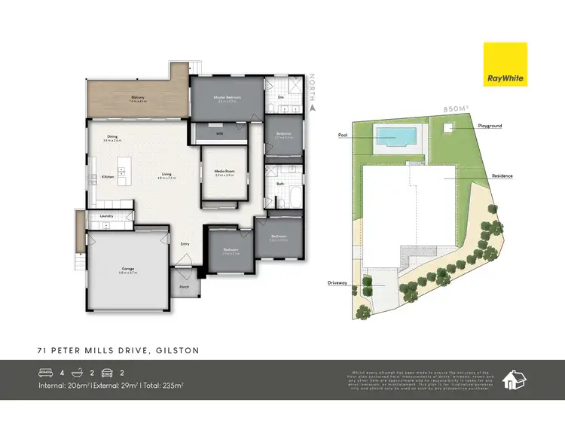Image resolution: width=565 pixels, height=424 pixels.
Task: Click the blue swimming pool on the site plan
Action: click(x=395, y=136)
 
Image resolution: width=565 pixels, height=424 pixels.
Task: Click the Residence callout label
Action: click(x=502, y=175)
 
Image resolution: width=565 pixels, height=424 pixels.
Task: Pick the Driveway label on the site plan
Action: click(x=337, y=284)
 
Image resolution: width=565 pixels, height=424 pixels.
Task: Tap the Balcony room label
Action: click(x=138, y=97)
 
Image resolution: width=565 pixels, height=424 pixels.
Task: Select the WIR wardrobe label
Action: click(x=219, y=133)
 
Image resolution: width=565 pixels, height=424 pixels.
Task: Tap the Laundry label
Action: click(x=106, y=217)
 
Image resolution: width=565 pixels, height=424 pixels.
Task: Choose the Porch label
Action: click(x=184, y=287)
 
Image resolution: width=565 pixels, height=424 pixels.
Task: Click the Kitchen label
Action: click(x=108, y=177)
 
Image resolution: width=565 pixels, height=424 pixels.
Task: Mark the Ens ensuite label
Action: click(x=281, y=97)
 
